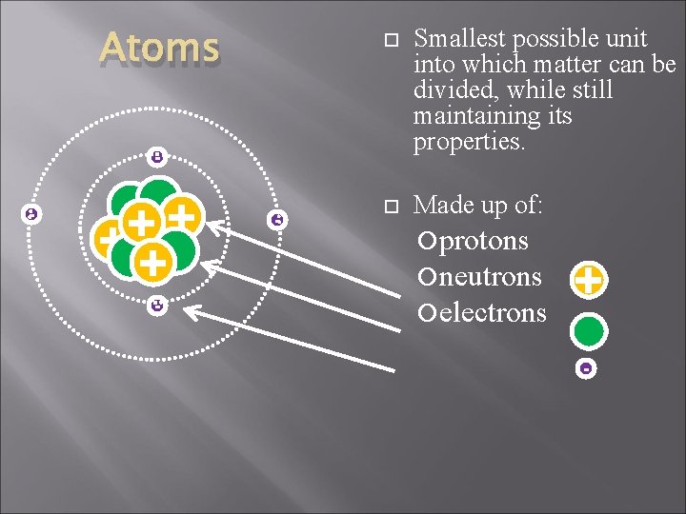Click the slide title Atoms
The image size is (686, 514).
tap(160, 47)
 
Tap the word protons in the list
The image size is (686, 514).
tap(483, 241)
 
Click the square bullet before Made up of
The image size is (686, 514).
tap(388, 207)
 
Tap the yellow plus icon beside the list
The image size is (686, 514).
tap(588, 281)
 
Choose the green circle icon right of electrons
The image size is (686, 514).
tap(588, 330)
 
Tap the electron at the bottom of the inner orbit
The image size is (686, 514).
tap(156, 306)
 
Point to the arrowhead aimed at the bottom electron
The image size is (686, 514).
tap(189, 310)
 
